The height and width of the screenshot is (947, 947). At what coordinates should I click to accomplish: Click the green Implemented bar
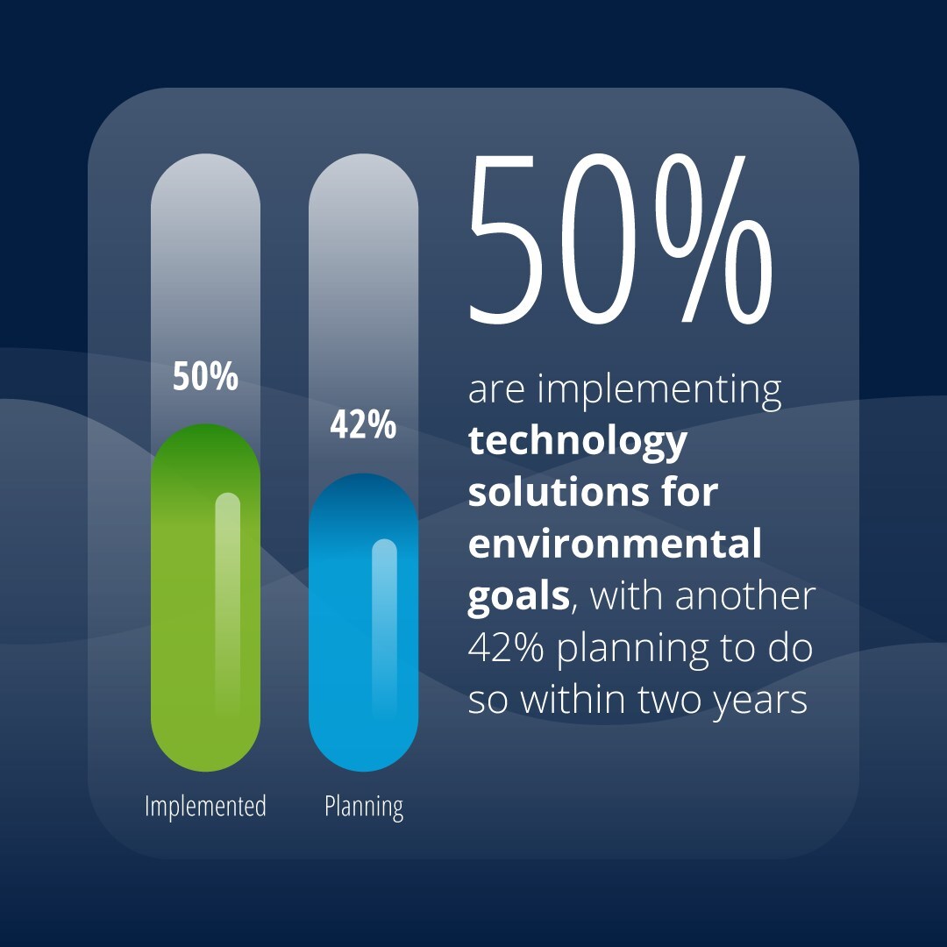tap(205, 598)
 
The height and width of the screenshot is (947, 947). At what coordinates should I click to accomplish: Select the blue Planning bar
tap(363, 623)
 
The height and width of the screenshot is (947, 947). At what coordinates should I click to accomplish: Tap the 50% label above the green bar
tap(205, 376)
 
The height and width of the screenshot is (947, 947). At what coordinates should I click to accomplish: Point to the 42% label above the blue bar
tap(363, 424)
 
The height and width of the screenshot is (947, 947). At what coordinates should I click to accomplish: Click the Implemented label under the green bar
tap(205, 807)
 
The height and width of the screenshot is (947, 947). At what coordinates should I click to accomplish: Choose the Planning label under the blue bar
tap(364, 808)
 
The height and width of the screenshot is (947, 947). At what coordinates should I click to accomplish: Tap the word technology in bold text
tap(577, 442)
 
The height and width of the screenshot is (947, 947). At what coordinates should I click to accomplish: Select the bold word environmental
tap(615, 544)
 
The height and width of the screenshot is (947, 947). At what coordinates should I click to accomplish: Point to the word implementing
tap(659, 391)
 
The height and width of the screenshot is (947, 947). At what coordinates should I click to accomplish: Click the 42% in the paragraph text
tap(506, 648)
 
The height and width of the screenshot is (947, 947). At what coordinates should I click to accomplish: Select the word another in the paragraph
tap(745, 596)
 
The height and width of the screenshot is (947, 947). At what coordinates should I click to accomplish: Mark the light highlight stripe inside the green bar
tap(228, 604)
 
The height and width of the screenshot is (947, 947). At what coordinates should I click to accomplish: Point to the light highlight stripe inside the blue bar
tap(384, 627)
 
